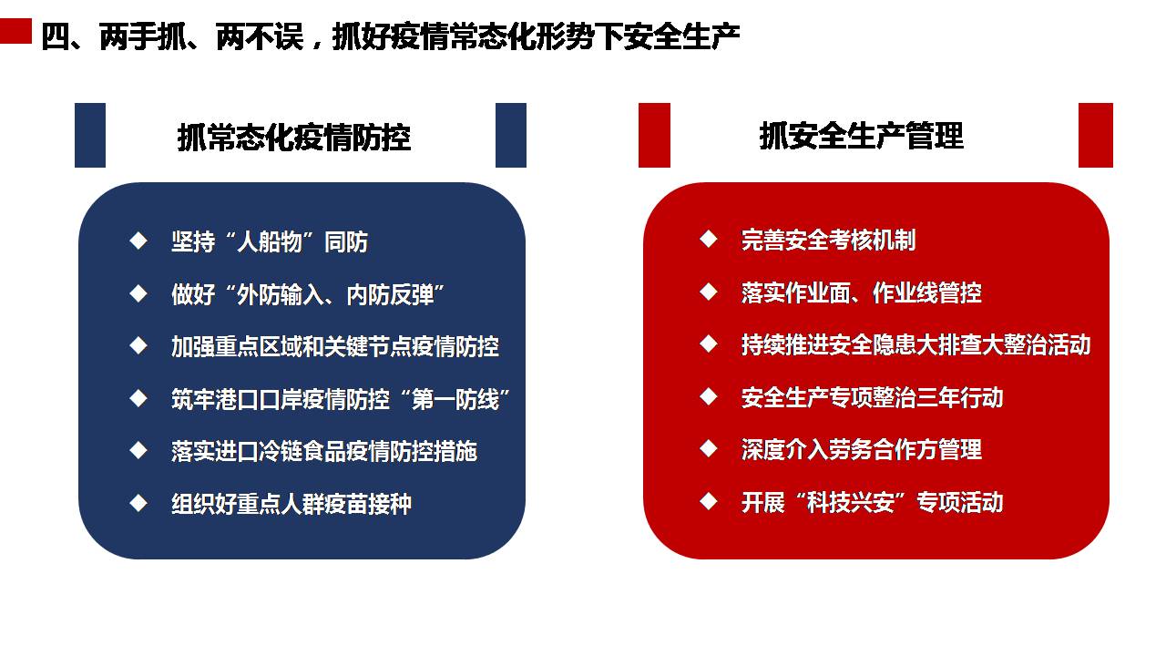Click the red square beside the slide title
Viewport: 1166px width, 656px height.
click(15, 31)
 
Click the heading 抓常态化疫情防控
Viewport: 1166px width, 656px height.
click(294, 138)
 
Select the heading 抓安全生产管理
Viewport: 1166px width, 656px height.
click(862, 136)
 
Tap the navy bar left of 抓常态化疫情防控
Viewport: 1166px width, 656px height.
click(90, 136)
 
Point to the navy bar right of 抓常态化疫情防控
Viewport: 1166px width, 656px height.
click(511, 136)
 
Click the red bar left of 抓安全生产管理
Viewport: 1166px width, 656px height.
click(654, 136)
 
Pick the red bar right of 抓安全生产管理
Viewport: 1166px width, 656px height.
click(1096, 136)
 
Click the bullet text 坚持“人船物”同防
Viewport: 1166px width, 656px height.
click(270, 242)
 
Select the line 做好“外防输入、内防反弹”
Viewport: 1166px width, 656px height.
click(308, 294)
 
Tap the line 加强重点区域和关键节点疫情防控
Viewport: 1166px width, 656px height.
click(335, 347)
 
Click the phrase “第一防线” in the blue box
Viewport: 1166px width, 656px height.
click(456, 399)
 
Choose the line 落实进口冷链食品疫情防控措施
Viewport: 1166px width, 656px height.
click(324, 451)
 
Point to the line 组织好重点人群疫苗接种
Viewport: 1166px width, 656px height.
click(291, 504)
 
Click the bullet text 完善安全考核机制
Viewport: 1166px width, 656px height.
click(828, 240)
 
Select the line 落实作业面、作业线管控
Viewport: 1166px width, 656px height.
click(862, 292)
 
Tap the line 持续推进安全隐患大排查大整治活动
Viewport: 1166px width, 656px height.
click(915, 345)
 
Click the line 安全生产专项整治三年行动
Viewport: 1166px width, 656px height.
click(872, 398)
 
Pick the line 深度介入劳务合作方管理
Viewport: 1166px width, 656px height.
click(862, 450)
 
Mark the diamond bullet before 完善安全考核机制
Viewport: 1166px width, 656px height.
click(709, 239)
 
